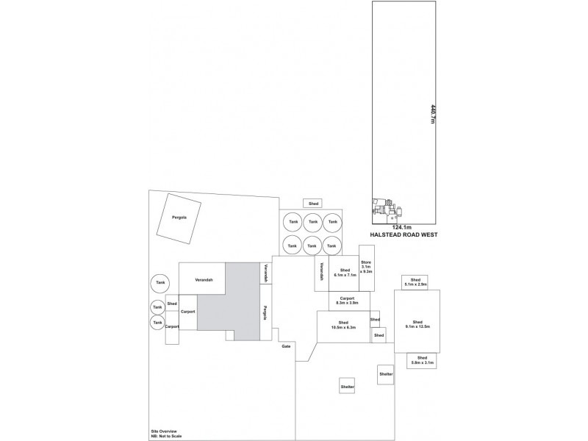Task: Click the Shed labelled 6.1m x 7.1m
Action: (343, 273)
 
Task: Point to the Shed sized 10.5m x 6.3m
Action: (343, 326)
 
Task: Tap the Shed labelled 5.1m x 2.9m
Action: (415, 282)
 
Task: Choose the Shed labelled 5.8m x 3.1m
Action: (422, 360)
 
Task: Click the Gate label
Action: (286, 345)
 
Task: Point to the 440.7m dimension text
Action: (423, 113)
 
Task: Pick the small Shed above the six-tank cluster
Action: (313, 203)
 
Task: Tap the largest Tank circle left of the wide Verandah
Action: (160, 282)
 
